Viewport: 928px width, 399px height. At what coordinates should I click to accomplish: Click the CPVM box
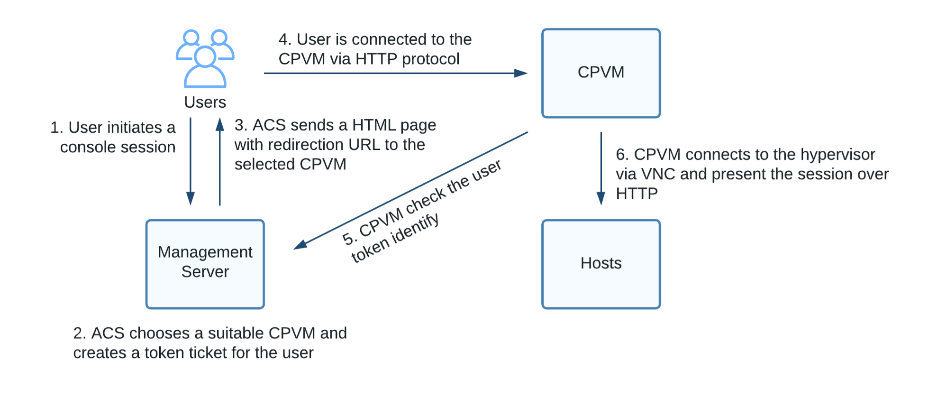click(601, 73)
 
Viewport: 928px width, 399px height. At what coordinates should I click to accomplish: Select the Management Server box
click(205, 264)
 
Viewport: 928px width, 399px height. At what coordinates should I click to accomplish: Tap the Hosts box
click(601, 264)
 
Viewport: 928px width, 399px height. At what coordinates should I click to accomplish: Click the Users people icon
click(205, 59)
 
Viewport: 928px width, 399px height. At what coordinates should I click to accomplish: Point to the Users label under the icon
click(205, 102)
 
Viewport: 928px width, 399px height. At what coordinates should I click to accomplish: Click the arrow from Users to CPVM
click(396, 73)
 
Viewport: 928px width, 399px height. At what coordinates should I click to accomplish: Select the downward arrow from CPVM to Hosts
click(601, 168)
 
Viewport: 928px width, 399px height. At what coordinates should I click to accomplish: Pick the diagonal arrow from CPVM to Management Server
click(410, 191)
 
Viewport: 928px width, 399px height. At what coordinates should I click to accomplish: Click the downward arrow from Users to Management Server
click(191, 161)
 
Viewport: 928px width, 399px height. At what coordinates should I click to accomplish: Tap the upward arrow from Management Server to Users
click(220, 161)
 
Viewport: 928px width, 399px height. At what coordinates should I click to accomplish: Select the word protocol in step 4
click(431, 59)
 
